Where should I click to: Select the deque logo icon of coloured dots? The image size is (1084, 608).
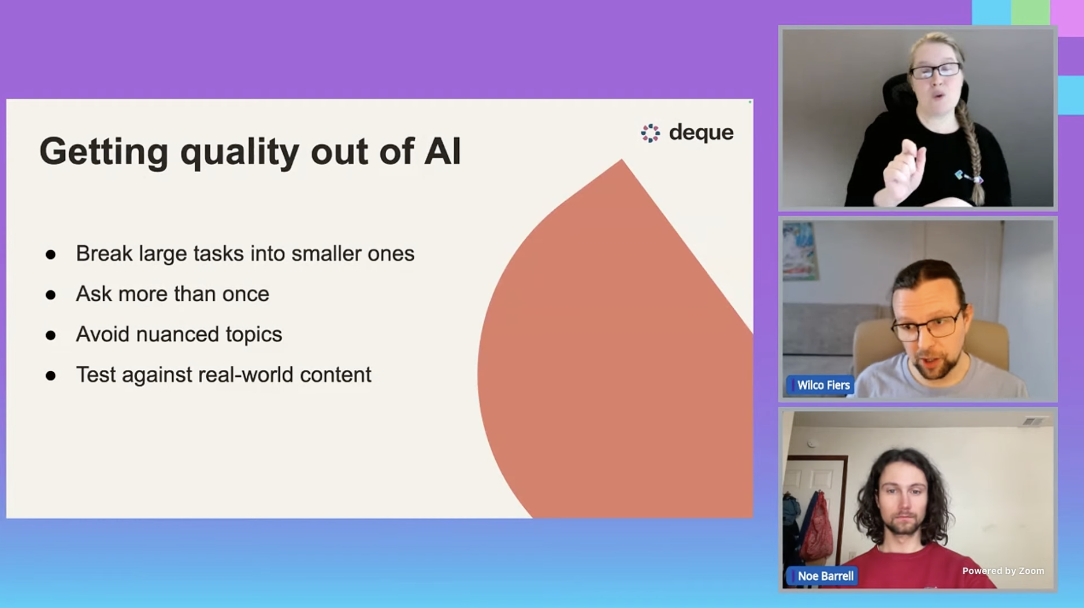(x=650, y=133)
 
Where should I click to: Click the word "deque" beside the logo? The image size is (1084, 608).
(x=701, y=133)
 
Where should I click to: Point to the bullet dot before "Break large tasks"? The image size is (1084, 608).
(x=51, y=254)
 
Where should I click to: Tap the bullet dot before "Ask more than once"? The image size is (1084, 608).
(x=51, y=295)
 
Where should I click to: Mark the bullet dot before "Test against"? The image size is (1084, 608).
(x=51, y=376)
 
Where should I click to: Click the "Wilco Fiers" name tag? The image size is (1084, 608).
(x=821, y=385)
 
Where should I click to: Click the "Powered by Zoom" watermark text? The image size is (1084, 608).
(x=1003, y=571)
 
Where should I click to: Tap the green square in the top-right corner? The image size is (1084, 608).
(x=1030, y=12)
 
